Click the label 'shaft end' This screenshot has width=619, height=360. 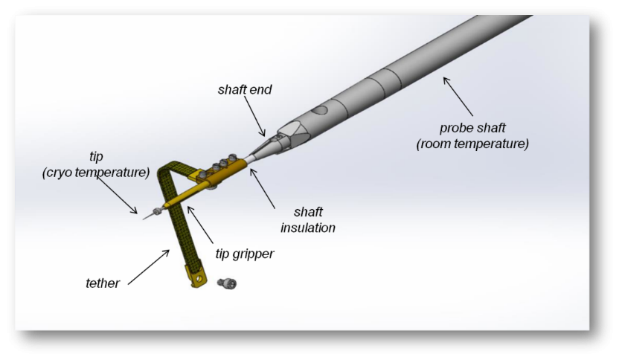click(245, 90)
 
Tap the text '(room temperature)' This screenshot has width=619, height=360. click(472, 144)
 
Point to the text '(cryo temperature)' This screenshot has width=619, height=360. click(96, 173)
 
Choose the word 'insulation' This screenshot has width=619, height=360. click(305, 228)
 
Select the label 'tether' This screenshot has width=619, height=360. click(102, 283)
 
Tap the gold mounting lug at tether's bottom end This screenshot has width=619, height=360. click(196, 279)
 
